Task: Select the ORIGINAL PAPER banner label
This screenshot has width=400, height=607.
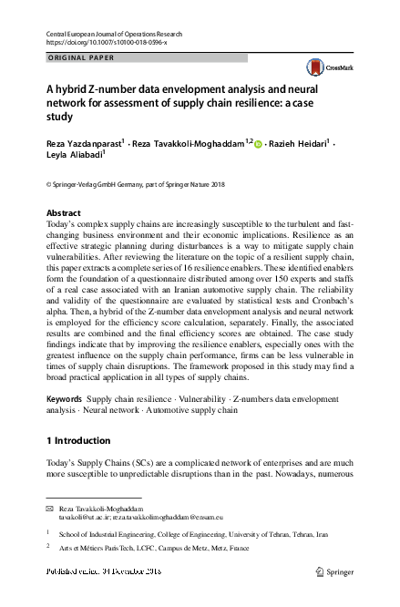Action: point(81,57)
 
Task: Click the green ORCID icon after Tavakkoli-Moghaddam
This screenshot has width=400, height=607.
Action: point(258,144)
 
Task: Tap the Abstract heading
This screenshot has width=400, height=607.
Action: point(63,212)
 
